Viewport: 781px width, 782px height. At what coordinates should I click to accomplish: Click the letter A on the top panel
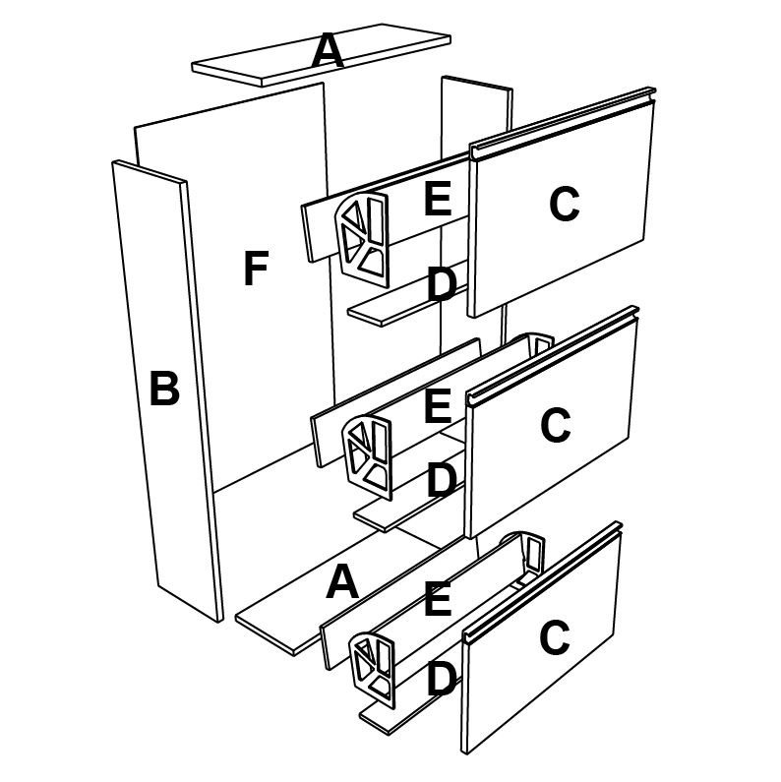[328, 51]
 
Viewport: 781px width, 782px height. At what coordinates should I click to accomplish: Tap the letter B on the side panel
[164, 390]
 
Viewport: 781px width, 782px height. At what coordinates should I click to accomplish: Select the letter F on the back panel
[256, 270]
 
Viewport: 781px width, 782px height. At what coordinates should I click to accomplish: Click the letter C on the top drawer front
[564, 205]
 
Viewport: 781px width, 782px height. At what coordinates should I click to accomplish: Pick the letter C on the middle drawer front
[556, 426]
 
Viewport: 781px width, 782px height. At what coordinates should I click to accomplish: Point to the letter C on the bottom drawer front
[554, 639]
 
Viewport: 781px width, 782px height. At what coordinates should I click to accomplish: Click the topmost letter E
[437, 200]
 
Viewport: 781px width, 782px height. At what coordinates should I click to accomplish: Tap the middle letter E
[437, 406]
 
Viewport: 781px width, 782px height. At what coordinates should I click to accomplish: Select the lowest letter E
[437, 599]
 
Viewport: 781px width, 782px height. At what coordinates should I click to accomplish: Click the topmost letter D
[442, 285]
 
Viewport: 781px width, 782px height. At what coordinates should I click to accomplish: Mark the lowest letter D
[441, 679]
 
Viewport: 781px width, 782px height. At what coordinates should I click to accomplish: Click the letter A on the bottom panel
[341, 583]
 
